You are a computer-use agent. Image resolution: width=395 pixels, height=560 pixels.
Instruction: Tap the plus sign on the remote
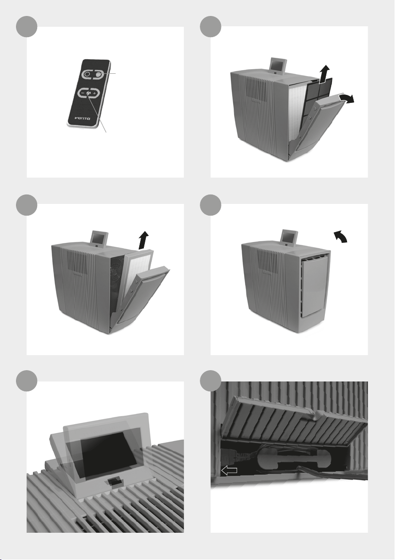point(94,94)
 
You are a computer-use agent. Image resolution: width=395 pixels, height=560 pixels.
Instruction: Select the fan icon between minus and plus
point(88,93)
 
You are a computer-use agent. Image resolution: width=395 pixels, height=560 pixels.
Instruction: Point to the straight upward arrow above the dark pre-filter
point(324,74)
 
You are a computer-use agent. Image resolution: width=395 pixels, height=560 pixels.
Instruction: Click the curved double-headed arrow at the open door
point(347,98)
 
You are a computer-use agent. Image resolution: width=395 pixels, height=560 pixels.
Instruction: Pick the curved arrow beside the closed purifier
point(340,236)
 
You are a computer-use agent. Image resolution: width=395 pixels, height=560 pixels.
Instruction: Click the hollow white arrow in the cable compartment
point(229,471)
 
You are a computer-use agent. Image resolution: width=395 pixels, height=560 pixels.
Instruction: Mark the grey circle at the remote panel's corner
point(27,26)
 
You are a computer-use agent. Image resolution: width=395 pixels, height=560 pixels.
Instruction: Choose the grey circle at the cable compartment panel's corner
point(211,381)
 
